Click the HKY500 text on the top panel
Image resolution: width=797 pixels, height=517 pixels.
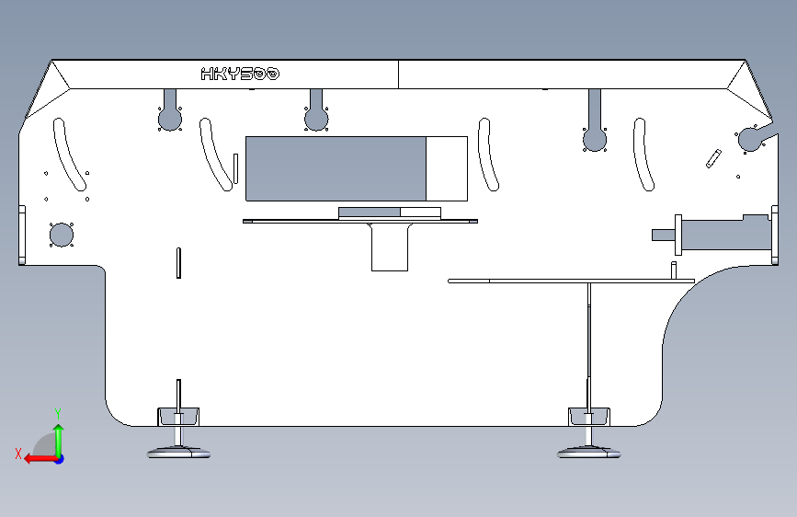[x=240, y=75]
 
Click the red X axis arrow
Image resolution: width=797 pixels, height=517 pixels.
[x=33, y=458]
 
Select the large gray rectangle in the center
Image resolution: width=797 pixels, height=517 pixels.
[x=336, y=168]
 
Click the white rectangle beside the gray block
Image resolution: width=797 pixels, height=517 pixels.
[x=447, y=168]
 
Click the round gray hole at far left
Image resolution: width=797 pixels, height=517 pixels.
[x=61, y=235]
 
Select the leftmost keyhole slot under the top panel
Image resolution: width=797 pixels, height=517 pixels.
[x=169, y=117]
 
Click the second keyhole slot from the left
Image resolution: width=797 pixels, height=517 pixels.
[x=316, y=117]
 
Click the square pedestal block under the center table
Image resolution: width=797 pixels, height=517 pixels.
[x=389, y=247]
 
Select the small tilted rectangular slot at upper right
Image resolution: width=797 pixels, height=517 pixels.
[x=713, y=158]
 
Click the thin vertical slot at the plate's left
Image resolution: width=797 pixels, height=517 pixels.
[x=178, y=262]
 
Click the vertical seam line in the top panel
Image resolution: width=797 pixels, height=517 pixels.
[x=398, y=75]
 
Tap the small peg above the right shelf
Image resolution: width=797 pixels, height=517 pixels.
[x=673, y=270]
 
